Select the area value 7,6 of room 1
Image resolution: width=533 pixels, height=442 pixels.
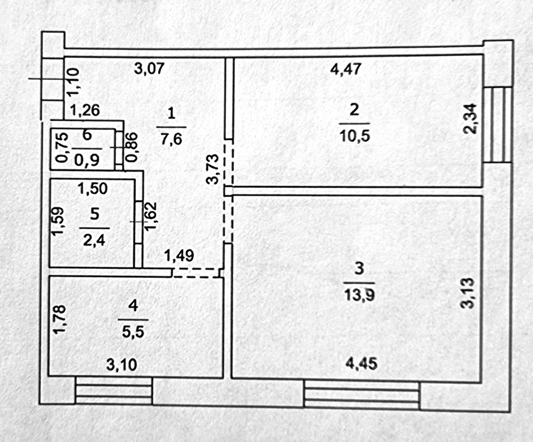[171, 139]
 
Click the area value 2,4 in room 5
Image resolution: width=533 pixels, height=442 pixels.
[94, 240]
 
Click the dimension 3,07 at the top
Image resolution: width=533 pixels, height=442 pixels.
[149, 68]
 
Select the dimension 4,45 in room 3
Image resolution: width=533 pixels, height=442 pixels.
[361, 363]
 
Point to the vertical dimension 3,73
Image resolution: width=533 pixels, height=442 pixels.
[213, 169]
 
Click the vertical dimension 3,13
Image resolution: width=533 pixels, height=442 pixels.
[469, 293]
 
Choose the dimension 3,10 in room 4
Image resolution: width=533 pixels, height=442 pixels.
[122, 365]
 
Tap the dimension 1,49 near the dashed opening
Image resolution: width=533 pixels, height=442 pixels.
[179, 255]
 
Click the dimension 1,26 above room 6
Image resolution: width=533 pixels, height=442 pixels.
[85, 110]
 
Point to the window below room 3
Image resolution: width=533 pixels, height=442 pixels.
[362, 395]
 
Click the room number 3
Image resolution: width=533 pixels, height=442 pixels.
[359, 268]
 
